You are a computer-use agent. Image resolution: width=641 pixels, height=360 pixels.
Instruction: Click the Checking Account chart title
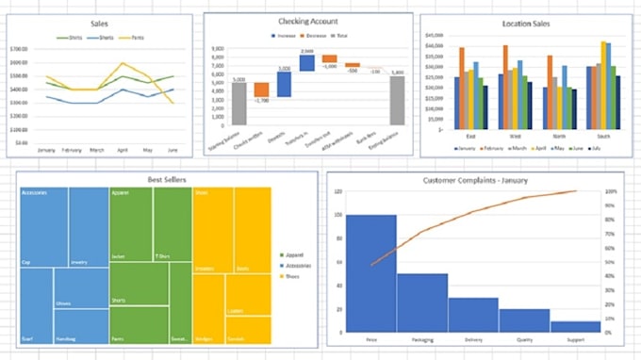(x=309, y=20)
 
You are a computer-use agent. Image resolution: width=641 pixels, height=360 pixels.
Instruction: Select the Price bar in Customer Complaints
(x=370, y=273)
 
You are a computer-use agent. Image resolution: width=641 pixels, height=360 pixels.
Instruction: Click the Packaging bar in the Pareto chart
(x=421, y=303)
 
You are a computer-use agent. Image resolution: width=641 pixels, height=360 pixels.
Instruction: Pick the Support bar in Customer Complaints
(x=575, y=326)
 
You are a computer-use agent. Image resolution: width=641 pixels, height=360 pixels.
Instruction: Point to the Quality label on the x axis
(x=524, y=339)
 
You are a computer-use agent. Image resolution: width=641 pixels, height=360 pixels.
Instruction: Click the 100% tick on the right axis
(x=611, y=191)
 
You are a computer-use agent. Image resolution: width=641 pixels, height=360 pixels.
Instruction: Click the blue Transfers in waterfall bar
(x=306, y=62)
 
